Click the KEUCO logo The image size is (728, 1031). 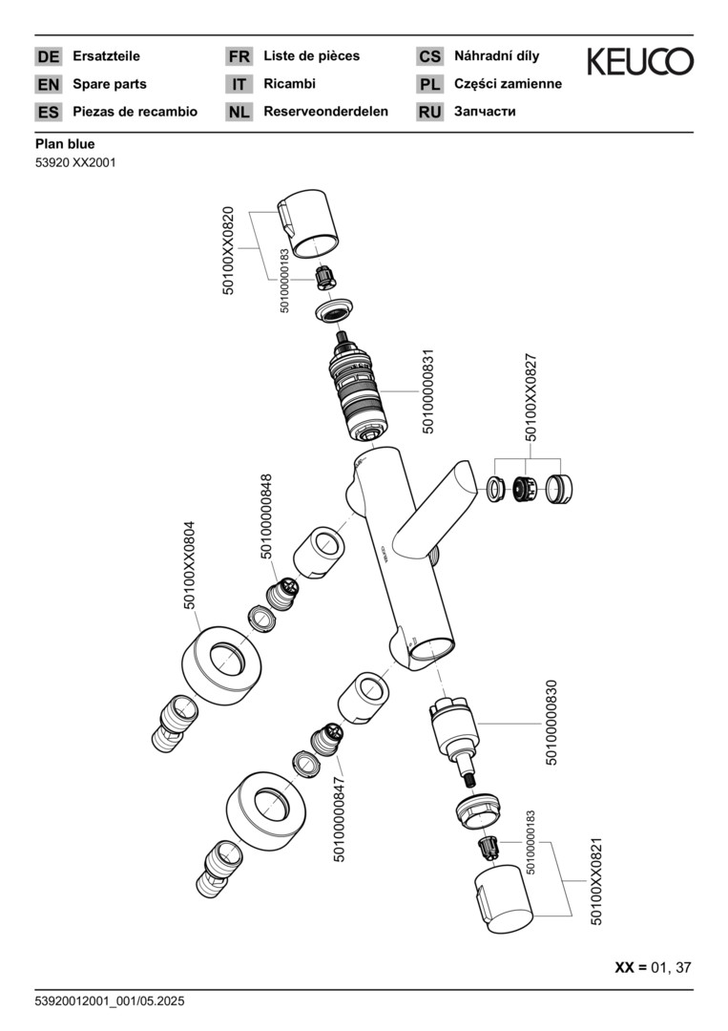pos(639,62)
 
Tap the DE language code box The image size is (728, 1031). pos(48,56)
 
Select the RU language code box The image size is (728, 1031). pos(429,112)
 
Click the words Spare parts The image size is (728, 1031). pos(110,84)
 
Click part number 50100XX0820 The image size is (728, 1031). pos(228,250)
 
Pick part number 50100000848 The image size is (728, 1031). pos(267,515)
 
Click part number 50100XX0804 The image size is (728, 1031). pos(189,564)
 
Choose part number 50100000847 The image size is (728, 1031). pos(340,817)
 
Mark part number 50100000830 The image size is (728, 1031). pos(551,723)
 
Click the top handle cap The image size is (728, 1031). pos(309,227)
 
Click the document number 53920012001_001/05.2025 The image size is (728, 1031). pos(110,1001)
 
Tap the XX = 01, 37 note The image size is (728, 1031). pos(653,967)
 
